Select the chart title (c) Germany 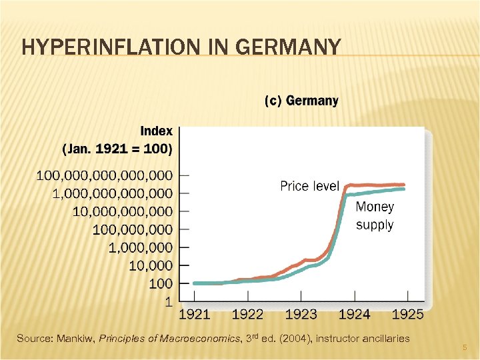point(301,101)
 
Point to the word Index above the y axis point(156,131)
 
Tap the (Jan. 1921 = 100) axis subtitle point(117,148)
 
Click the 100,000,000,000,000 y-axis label point(104,175)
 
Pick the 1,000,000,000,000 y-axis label point(112,193)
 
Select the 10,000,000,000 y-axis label point(122,211)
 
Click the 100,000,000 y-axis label point(132,229)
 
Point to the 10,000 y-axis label point(151,265)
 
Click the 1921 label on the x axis point(194,313)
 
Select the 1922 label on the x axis point(247,313)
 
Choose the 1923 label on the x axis point(301,313)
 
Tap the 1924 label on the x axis point(354,313)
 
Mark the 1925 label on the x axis point(407,313)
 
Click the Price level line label point(309,186)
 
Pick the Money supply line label point(375,216)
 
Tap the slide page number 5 point(465,347)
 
